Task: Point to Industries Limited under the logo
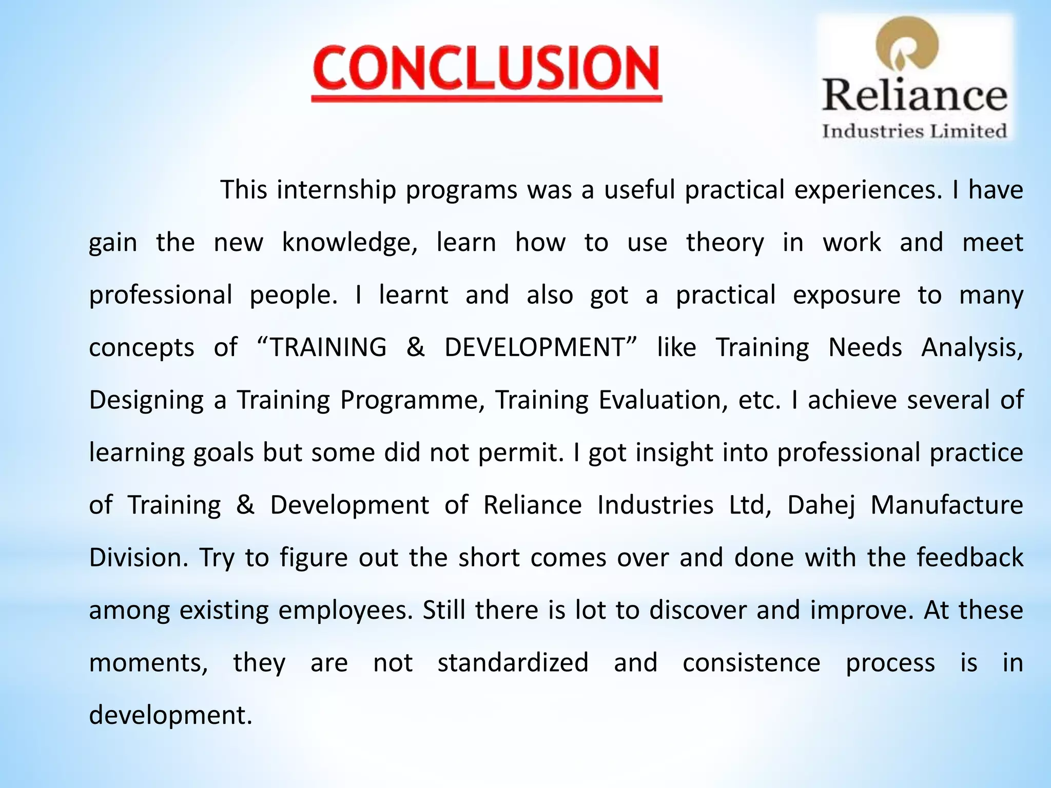coord(914,131)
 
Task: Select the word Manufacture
coord(947,505)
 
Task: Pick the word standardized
coord(513,662)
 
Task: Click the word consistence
coord(751,662)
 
